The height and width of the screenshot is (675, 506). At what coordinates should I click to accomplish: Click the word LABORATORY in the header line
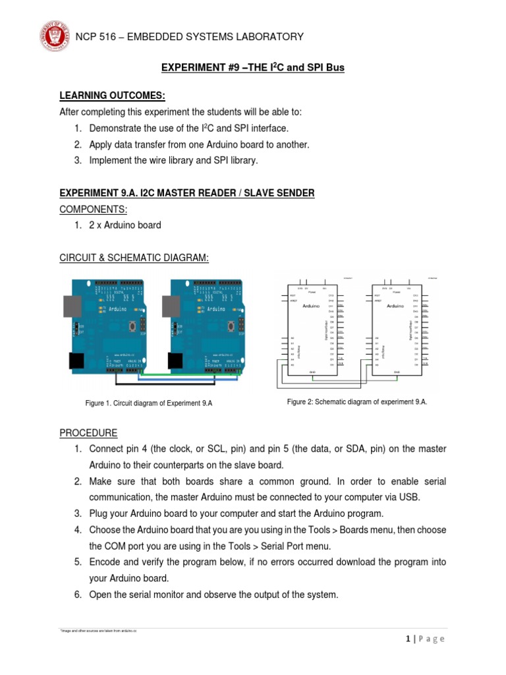[270, 37]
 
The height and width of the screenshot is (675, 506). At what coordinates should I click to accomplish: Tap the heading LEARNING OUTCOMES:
[108, 96]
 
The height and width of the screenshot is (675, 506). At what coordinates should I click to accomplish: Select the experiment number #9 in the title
[230, 68]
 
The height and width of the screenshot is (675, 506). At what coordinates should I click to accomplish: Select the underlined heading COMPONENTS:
[93, 209]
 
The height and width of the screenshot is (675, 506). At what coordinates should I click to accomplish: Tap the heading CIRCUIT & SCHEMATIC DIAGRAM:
[134, 258]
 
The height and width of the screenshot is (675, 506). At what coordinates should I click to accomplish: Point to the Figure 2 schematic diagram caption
[357, 401]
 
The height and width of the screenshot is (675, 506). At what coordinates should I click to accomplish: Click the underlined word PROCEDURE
[88, 433]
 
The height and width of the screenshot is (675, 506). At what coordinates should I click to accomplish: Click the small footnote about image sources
[99, 631]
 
